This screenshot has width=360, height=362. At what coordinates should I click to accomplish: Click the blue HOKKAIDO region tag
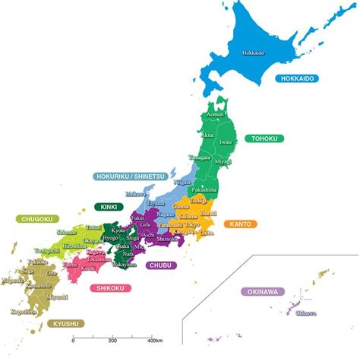[296, 78]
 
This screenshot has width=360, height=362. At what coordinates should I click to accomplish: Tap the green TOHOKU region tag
[265, 138]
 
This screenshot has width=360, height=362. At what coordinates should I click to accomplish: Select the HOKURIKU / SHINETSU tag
[129, 176]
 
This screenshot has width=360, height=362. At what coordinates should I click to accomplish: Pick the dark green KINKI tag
[109, 206]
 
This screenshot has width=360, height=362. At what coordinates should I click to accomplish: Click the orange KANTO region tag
[243, 224]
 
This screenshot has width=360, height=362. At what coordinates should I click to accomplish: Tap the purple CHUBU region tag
[161, 265]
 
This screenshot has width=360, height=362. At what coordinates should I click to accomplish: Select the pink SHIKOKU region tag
[111, 288]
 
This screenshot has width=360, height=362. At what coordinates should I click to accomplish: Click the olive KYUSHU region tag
[65, 323]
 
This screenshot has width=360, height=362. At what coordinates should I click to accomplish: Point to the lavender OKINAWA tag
[264, 291]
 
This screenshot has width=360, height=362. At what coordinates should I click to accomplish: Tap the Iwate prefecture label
[225, 141]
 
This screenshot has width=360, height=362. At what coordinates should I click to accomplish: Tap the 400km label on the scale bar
[155, 340]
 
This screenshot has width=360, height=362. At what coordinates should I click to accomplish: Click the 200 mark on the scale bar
[112, 340]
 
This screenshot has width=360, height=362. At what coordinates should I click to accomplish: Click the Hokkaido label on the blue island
[254, 53]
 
